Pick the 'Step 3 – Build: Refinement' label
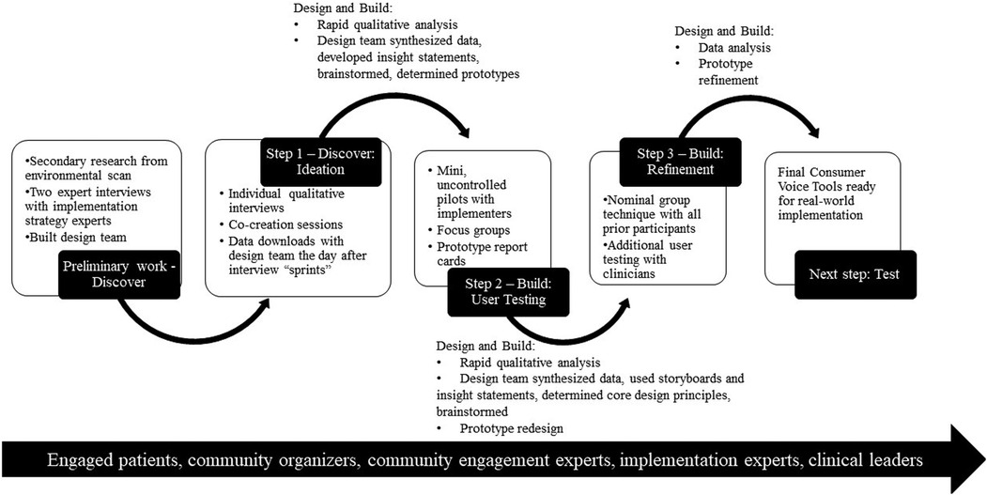[672, 162]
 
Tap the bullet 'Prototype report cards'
[479, 254]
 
